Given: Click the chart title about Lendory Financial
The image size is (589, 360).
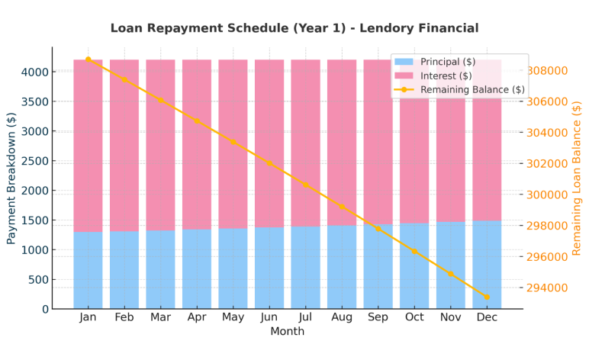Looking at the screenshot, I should pyautogui.click(x=294, y=28).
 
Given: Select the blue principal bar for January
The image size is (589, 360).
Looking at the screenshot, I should pyautogui.click(x=88, y=270).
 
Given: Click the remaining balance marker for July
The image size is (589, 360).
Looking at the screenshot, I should pyautogui.click(x=305, y=185).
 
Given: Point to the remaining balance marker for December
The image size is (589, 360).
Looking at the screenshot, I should pyautogui.click(x=486, y=297).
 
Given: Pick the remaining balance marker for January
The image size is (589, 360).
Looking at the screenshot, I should pyautogui.click(x=88, y=59).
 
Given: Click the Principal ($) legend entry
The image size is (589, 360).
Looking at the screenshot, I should pyautogui.click(x=447, y=62).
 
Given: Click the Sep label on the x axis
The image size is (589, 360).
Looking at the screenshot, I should pyautogui.click(x=378, y=317).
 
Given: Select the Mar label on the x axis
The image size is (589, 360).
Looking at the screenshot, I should pyautogui.click(x=160, y=317).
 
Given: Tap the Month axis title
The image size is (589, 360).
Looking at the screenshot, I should pyautogui.click(x=287, y=332).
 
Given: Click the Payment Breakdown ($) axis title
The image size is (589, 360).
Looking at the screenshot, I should pyautogui.click(x=11, y=178).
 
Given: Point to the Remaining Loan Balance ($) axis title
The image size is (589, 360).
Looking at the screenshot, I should pyautogui.click(x=577, y=178).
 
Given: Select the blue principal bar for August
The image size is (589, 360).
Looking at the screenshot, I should pyautogui.click(x=342, y=267).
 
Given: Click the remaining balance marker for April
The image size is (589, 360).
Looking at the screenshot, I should pyautogui.click(x=197, y=121).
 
